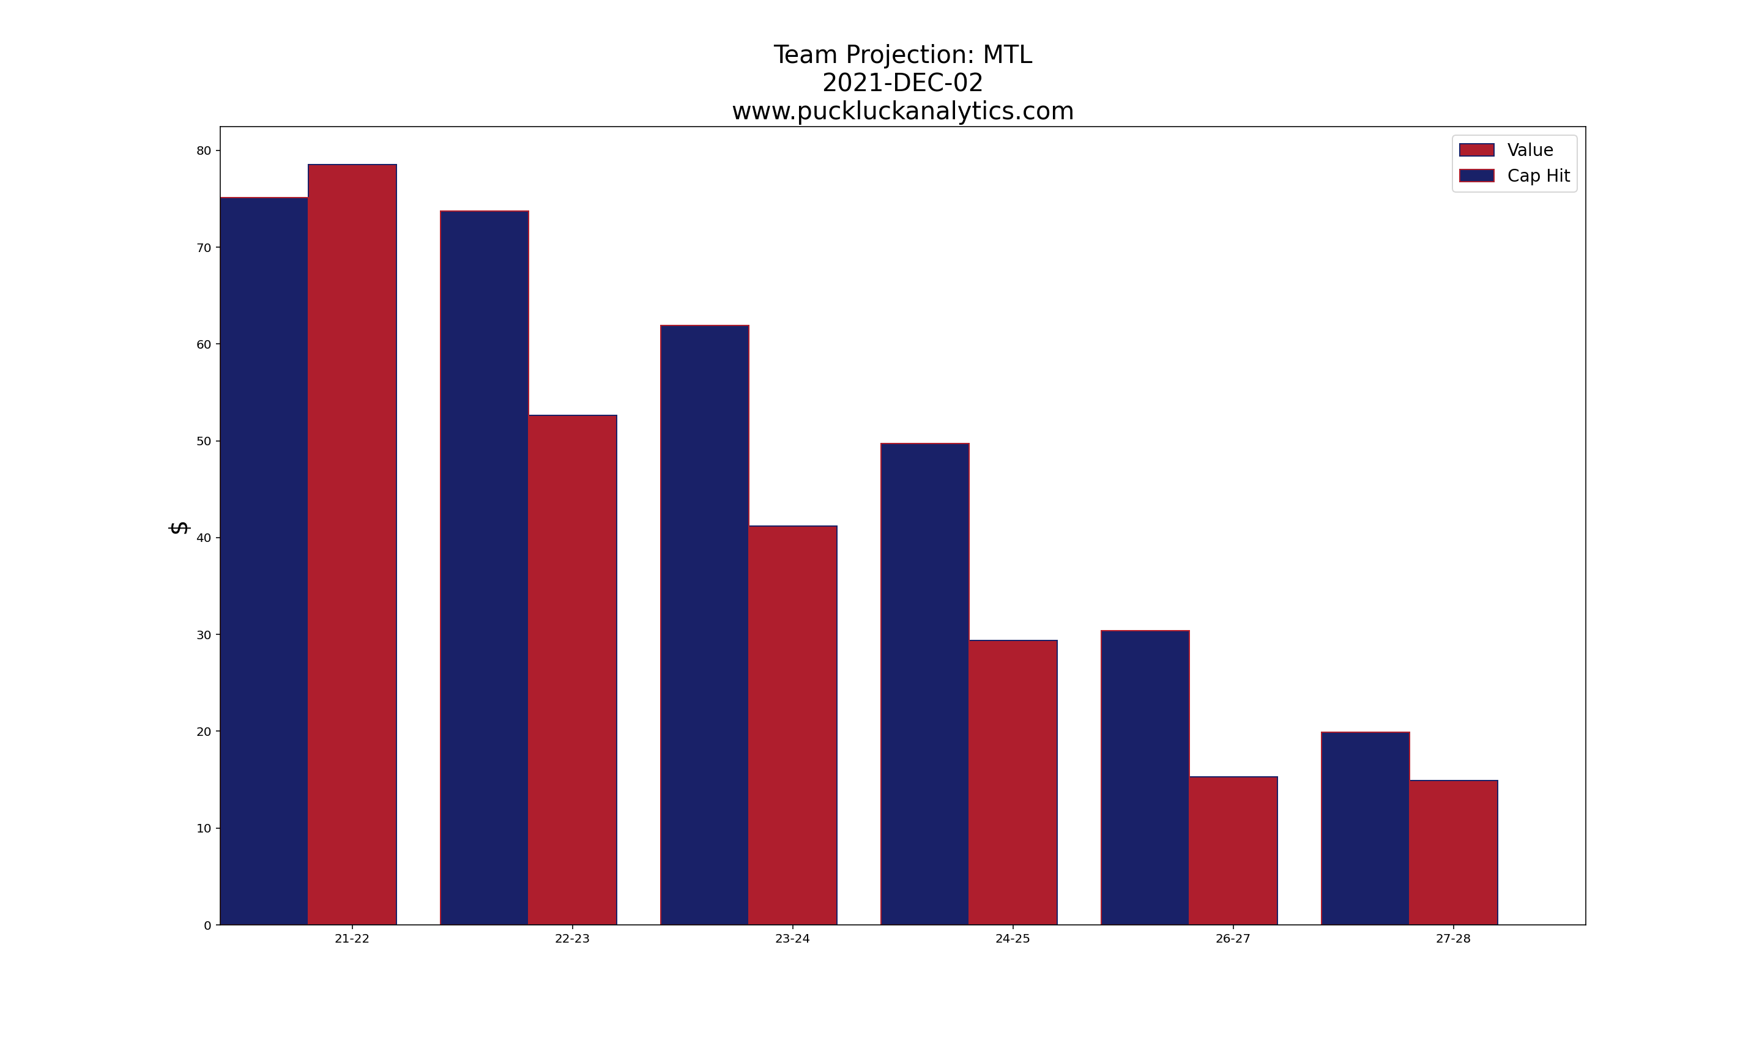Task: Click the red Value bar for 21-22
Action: coord(352,545)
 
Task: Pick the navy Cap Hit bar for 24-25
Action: coord(924,684)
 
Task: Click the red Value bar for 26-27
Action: coord(1233,850)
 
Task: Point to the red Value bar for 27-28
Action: coord(1453,853)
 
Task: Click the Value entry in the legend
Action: coord(1530,150)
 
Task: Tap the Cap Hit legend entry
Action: coord(1537,176)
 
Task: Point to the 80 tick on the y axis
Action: coord(204,151)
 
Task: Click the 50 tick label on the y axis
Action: coord(204,442)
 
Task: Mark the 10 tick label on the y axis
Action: coord(204,828)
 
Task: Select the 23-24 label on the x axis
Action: coord(793,939)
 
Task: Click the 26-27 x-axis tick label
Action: coord(1233,939)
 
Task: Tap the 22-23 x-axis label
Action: coord(572,939)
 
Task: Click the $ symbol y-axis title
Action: coord(179,528)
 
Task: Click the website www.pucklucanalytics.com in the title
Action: coord(902,111)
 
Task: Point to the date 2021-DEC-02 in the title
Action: coord(902,83)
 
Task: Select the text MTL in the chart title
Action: coord(1007,55)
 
